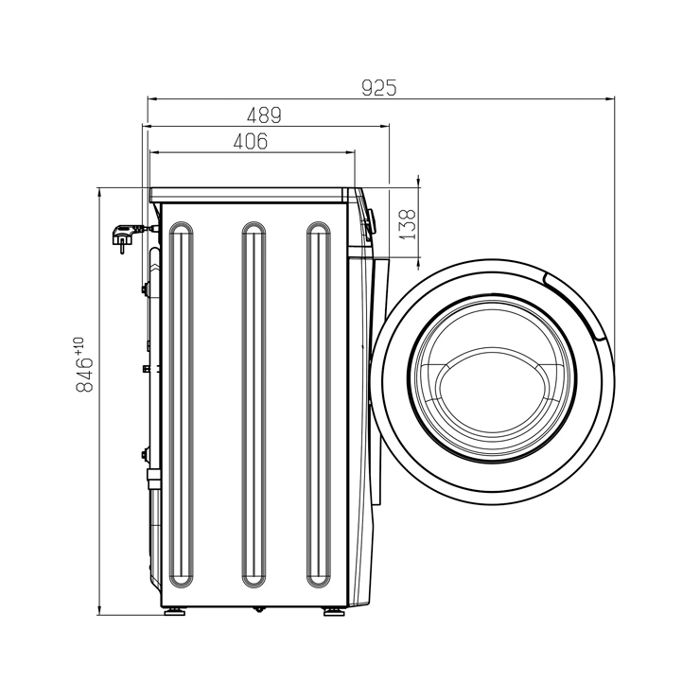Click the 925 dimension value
tap(379, 88)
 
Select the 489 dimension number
tap(264, 115)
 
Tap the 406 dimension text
tap(251, 141)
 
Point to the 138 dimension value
tap(407, 224)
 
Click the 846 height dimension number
tap(84, 375)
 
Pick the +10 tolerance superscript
tap(79, 345)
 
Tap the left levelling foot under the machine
tap(174, 611)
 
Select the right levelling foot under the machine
tap(334, 611)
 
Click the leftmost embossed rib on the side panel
tap(182, 405)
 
